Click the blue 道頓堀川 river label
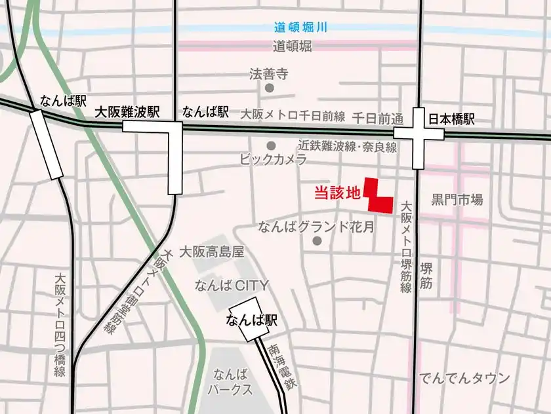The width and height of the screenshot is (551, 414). (300, 28)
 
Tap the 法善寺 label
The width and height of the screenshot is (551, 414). (269, 74)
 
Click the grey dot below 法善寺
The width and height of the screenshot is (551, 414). (269, 88)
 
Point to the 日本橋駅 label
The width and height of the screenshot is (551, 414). (451, 119)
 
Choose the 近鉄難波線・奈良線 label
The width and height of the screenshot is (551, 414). (348, 147)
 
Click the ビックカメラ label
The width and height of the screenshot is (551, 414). (274, 159)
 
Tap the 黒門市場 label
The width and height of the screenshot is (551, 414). (457, 199)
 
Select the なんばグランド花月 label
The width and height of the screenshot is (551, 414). (316, 227)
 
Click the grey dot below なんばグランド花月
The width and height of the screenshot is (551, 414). (318, 242)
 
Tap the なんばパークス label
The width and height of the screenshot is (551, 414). (230, 382)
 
